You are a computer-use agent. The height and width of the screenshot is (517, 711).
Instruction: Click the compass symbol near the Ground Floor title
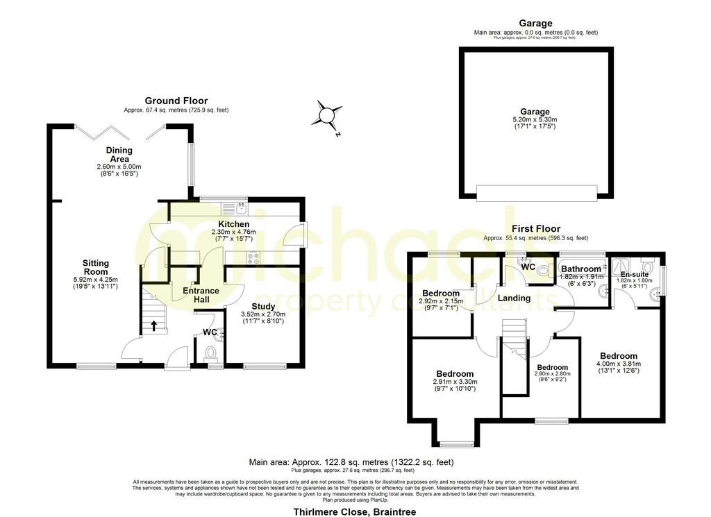[x=327, y=115]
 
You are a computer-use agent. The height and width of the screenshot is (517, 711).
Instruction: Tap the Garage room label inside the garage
[x=535, y=112]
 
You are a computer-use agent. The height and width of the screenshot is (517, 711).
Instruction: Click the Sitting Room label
[x=96, y=267]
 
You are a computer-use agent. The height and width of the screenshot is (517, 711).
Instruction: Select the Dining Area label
[x=119, y=155]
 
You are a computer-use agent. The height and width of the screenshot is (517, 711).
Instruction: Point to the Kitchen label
[x=234, y=224]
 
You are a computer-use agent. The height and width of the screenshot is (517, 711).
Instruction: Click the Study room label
[x=264, y=305]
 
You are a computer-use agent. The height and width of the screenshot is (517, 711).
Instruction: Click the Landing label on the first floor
[x=515, y=298]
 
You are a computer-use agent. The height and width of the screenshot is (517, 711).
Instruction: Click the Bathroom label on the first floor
[x=581, y=269]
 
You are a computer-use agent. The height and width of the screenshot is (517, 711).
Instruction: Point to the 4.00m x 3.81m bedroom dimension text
[x=619, y=364]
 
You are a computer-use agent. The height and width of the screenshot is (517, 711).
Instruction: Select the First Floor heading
[x=535, y=229]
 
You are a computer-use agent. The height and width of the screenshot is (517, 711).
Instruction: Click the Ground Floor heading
[x=176, y=101]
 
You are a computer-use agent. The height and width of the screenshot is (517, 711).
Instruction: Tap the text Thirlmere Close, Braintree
[x=355, y=512]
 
